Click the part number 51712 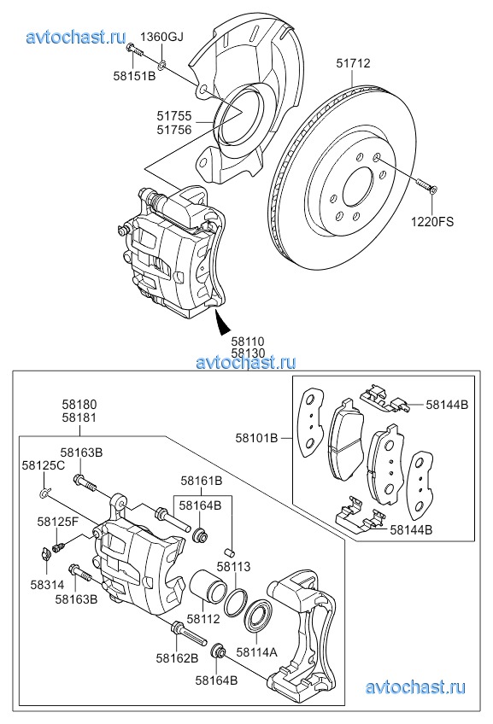[x=353, y=63]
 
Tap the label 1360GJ [x=161, y=37]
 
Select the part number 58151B [x=134, y=76]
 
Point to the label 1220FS [x=432, y=222]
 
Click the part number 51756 [x=174, y=131]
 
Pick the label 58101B [x=257, y=438]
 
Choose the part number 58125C [x=43, y=465]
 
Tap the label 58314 [x=47, y=585]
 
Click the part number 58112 [x=203, y=619]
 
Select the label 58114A [x=256, y=652]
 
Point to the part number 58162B [x=177, y=657]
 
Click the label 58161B [x=202, y=481]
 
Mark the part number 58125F [x=58, y=522]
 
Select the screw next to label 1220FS [x=427, y=185]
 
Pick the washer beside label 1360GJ [x=161, y=65]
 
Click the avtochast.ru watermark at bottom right [x=415, y=687]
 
